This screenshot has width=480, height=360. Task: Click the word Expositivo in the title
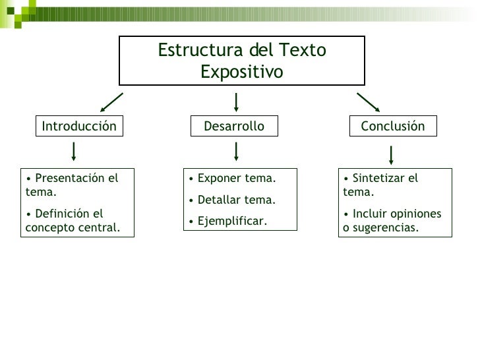(241, 71)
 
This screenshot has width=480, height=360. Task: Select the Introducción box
(79, 126)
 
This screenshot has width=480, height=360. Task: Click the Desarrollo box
(234, 126)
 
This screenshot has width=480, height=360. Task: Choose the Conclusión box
(393, 126)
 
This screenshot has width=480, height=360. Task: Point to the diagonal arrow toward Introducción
(111, 103)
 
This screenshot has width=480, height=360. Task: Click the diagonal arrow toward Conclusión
(368, 103)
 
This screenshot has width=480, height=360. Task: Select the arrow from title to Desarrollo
(236, 102)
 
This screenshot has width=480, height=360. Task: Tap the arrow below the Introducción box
(74, 152)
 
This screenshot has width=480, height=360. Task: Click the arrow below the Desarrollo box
(236, 152)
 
